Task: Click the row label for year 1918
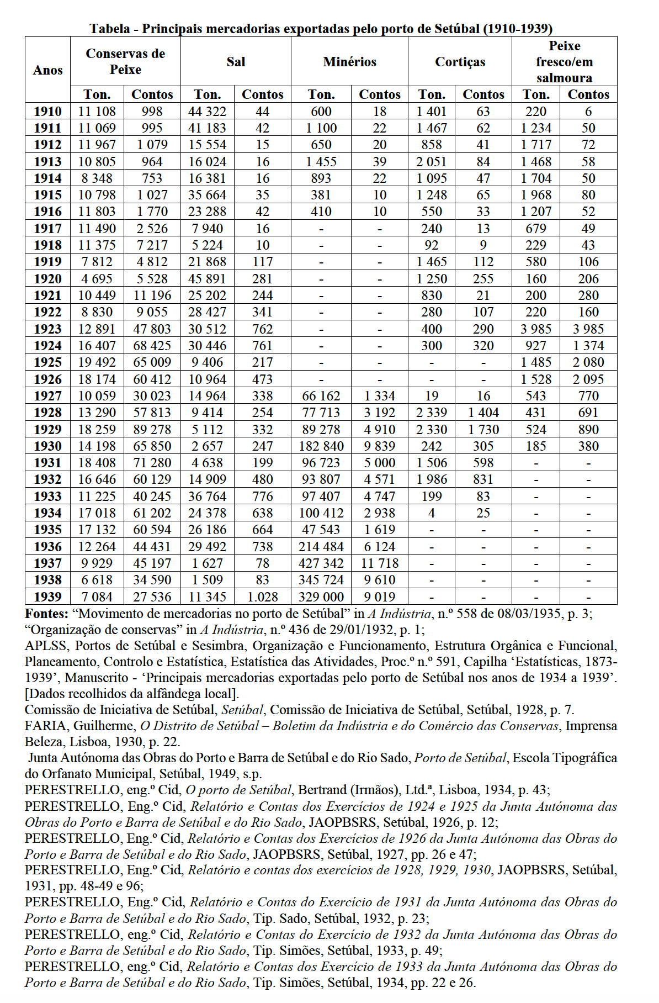[47, 245]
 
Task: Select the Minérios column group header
[349, 62]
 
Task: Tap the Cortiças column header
[460, 62]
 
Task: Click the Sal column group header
[236, 62]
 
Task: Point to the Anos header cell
[47, 70]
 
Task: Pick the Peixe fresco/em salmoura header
[564, 62]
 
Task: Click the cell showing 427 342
[321, 563]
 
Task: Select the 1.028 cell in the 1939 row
[262, 597]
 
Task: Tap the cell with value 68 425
[152, 346]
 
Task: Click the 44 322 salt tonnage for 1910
[207, 112]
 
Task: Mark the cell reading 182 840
[321, 446]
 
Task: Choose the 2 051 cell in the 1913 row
[432, 162]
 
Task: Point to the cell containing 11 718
[380, 563]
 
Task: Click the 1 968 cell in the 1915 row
[535, 195]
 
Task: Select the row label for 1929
[47, 430]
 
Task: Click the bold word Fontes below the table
[46, 614]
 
